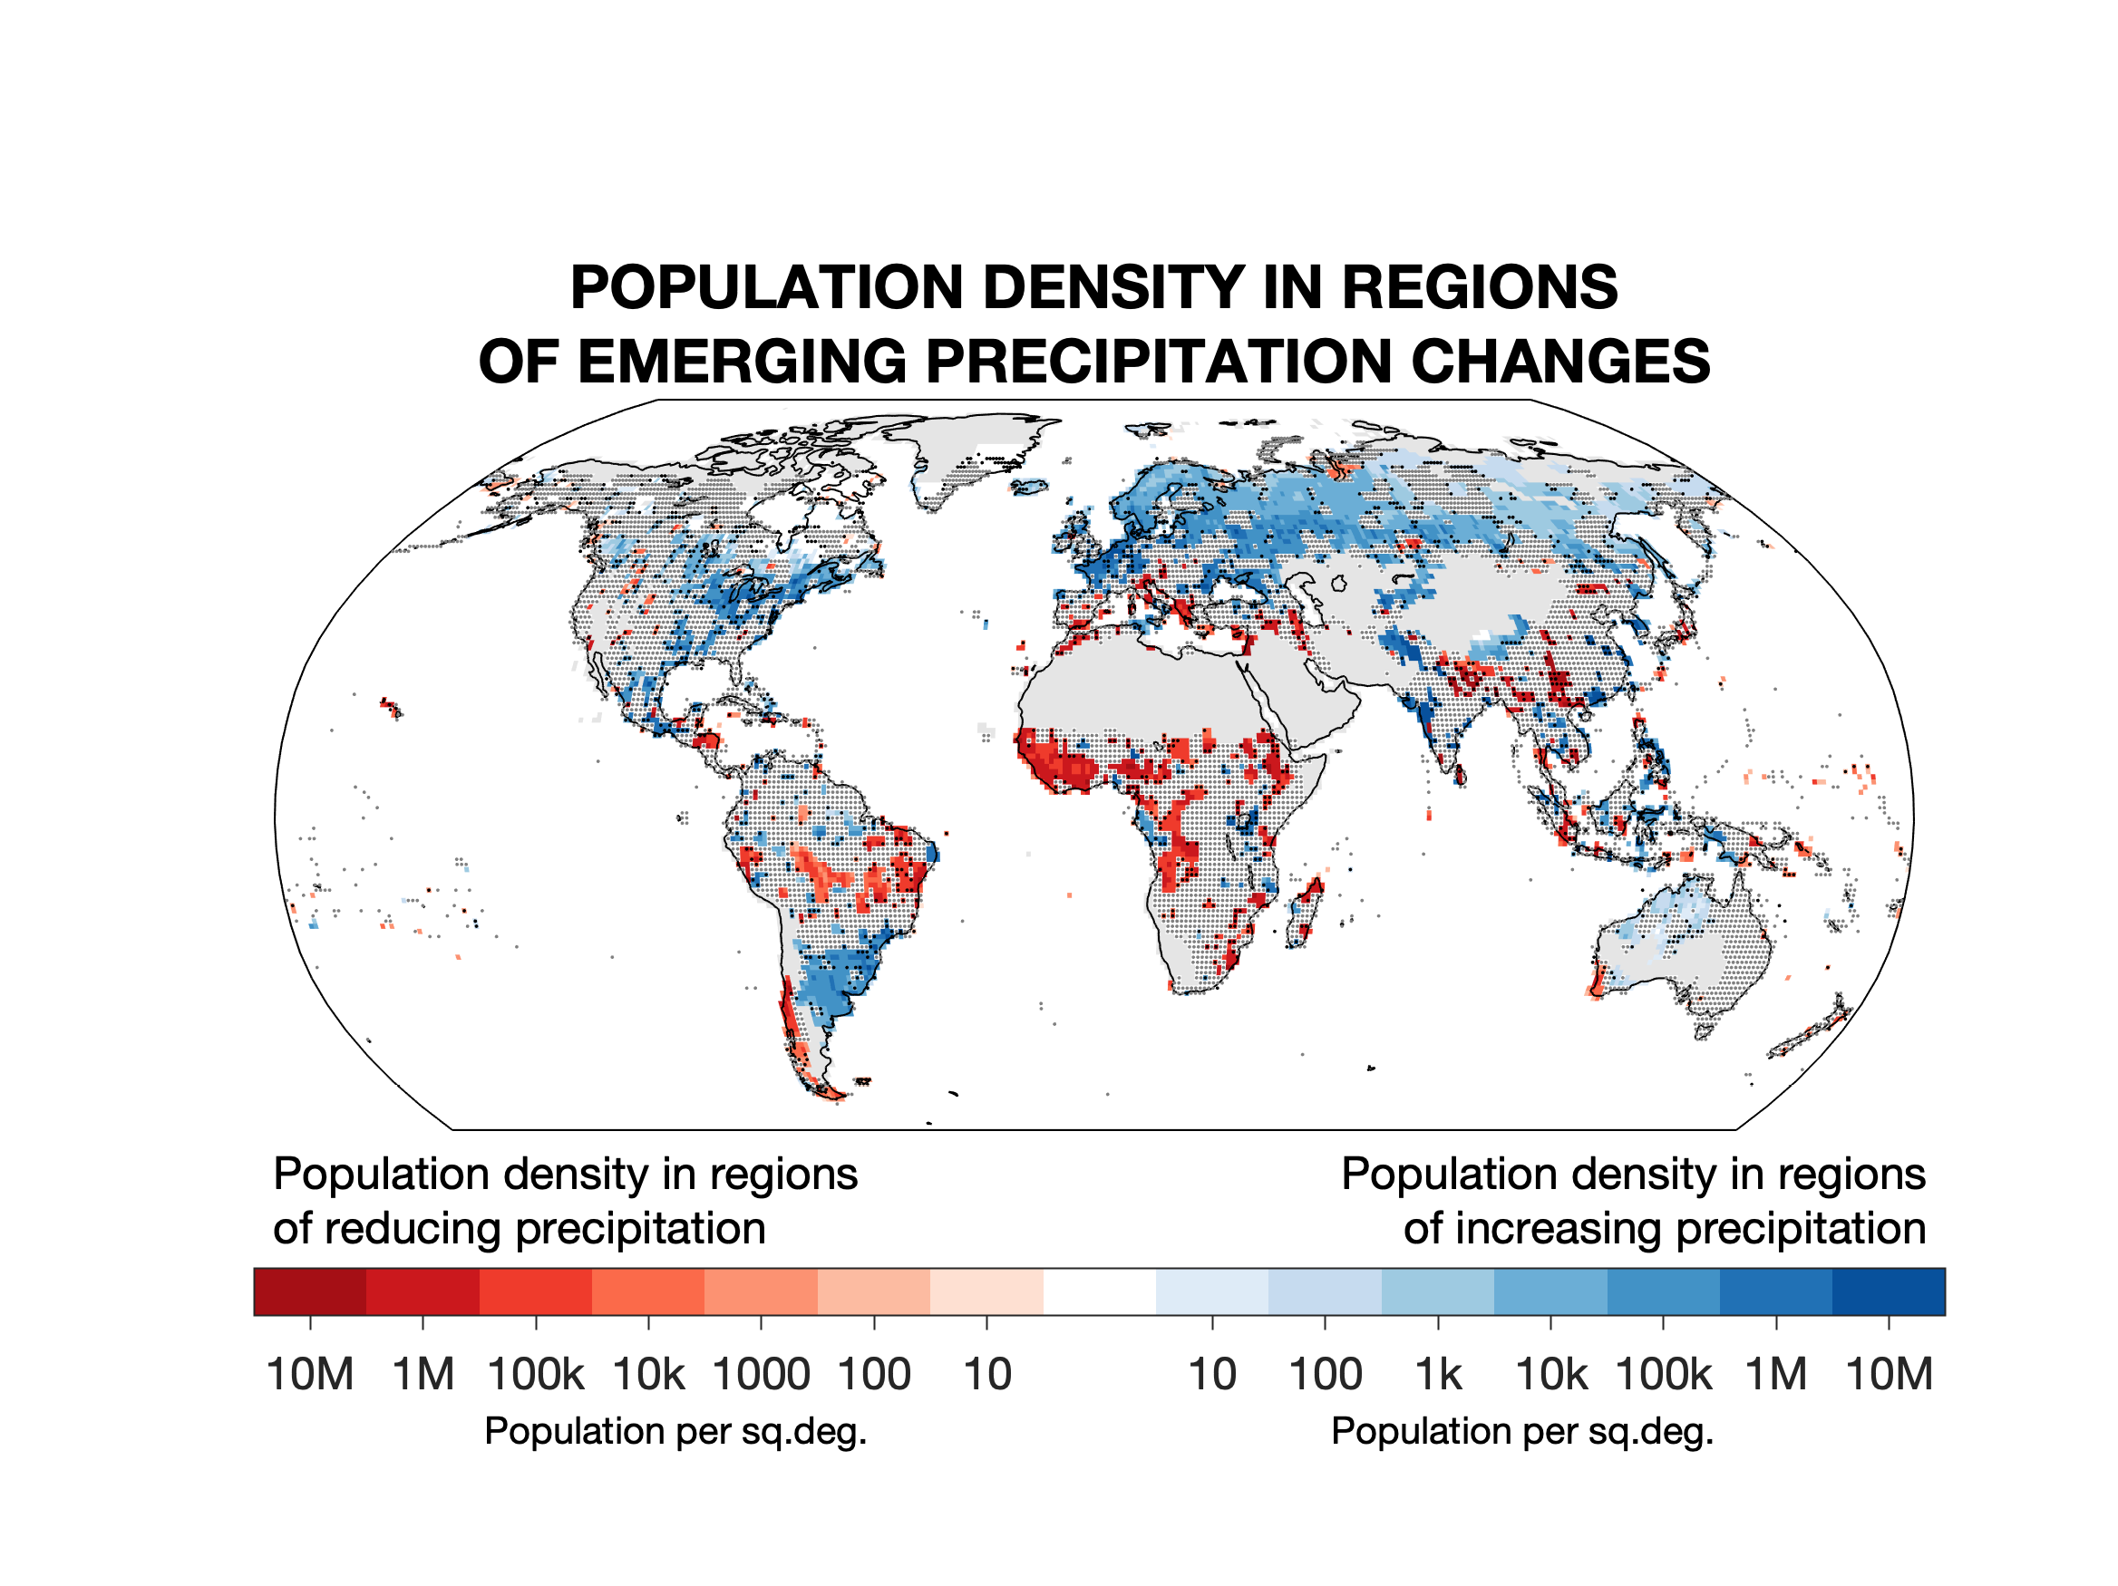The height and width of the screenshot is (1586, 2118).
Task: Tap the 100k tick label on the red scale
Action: pyautogui.click(x=535, y=1376)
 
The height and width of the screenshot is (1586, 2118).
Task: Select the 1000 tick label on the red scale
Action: pyautogui.click(x=762, y=1376)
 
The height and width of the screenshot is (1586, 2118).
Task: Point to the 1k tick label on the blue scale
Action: pyautogui.click(x=1438, y=1376)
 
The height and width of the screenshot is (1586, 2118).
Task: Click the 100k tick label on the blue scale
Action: pyautogui.click(x=1663, y=1376)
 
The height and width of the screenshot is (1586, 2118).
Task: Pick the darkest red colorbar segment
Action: pyautogui.click(x=309, y=1291)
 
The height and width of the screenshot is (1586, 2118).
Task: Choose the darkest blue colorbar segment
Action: pyautogui.click(x=1889, y=1291)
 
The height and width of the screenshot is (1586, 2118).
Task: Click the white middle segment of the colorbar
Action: pyautogui.click(x=1099, y=1291)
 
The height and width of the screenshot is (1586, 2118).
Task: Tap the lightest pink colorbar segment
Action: pyautogui.click(x=986, y=1291)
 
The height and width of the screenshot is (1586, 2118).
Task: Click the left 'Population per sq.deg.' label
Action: pyautogui.click(x=675, y=1432)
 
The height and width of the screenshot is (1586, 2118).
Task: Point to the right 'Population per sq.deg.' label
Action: pyautogui.click(x=1521, y=1432)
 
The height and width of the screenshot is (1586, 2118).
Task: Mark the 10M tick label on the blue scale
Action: pyautogui.click(x=1889, y=1376)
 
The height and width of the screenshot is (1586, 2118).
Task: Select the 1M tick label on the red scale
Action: pyautogui.click(x=423, y=1376)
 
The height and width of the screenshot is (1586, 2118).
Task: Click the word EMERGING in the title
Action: pyautogui.click(x=742, y=362)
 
